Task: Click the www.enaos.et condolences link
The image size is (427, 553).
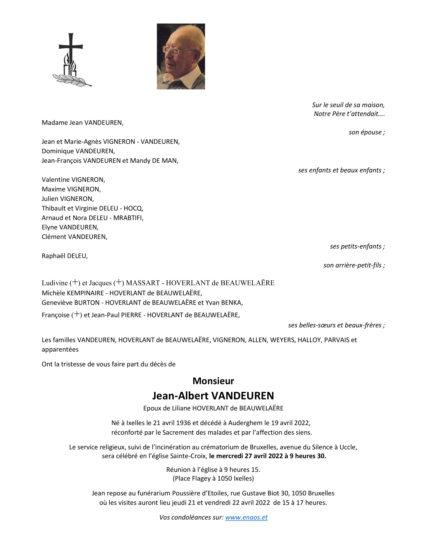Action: click(246, 517)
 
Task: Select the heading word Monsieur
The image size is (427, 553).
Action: click(213, 381)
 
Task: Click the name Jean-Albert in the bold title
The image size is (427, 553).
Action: click(180, 395)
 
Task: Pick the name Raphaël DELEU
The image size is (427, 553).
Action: click(65, 256)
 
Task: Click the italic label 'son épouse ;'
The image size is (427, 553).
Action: click(366, 132)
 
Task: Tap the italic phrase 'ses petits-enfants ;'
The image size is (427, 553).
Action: click(357, 246)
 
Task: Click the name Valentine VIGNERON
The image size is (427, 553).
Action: click(73, 180)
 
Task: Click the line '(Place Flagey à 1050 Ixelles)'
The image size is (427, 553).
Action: click(213, 478)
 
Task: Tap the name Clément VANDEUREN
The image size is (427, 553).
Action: click(74, 237)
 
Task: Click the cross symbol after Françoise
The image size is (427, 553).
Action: click(77, 314)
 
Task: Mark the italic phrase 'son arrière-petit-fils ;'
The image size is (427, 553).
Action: click(354, 265)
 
